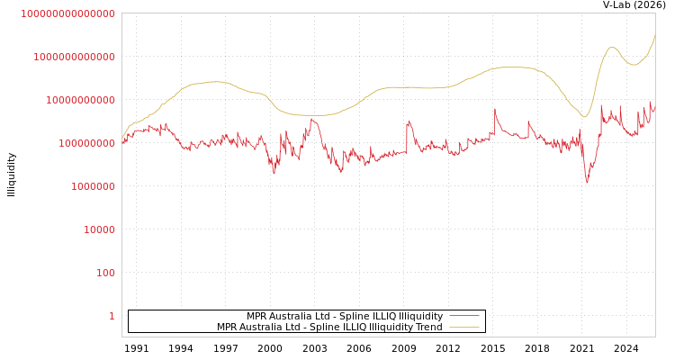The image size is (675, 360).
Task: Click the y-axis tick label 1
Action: (112, 316)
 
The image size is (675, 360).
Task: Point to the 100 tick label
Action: (105, 273)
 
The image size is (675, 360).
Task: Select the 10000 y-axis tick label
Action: (99, 229)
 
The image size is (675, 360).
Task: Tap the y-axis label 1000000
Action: (93, 186)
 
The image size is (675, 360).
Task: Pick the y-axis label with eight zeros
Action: (86, 143)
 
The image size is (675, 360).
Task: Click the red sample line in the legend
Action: (463, 316)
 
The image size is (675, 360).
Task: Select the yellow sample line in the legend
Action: (463, 328)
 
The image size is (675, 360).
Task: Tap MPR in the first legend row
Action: (258, 317)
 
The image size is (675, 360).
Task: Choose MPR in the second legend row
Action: (229, 328)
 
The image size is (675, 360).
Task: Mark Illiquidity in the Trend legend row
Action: (388, 328)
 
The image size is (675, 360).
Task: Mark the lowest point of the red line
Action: (587, 183)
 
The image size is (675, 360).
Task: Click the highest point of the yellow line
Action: (654, 34)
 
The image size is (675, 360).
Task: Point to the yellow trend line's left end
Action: (122, 139)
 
